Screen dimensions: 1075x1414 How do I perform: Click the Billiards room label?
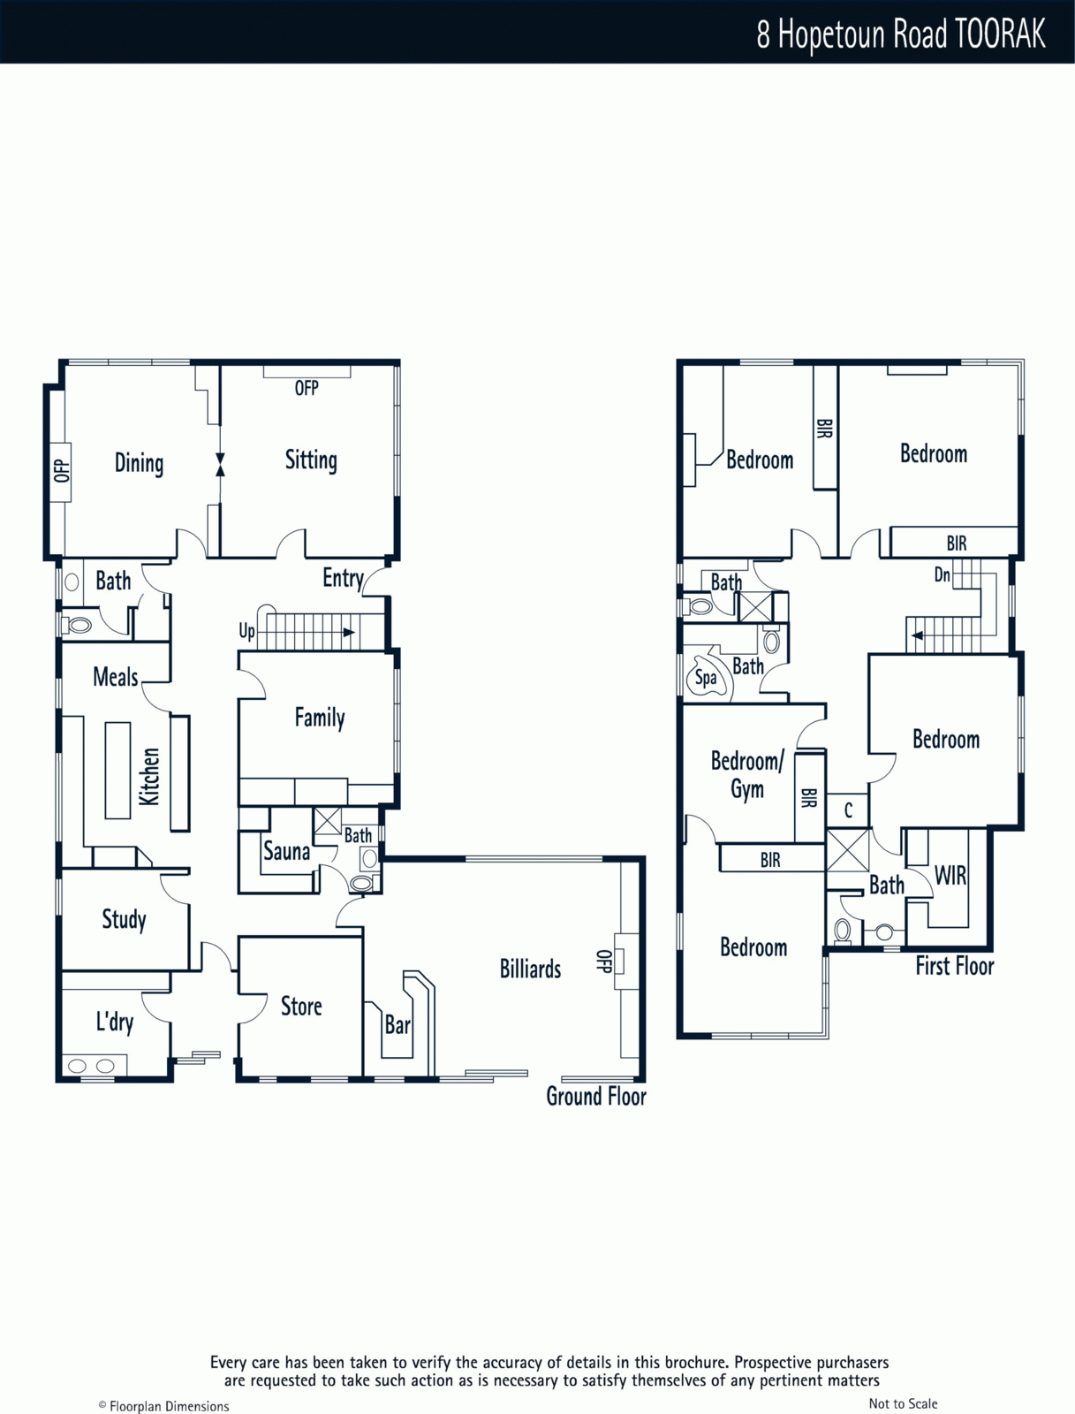click(x=530, y=969)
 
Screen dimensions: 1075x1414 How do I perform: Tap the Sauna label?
click(x=286, y=852)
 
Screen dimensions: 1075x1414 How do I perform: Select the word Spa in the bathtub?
click(x=706, y=679)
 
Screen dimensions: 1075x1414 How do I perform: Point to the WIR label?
click(x=950, y=876)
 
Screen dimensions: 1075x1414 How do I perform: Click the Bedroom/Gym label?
click(x=747, y=775)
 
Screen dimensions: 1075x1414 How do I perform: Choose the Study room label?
click(x=125, y=919)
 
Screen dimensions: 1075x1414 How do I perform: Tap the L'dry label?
click(x=115, y=1022)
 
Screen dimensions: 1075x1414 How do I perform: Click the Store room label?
click(x=301, y=1007)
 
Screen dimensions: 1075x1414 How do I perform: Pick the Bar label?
click(x=397, y=1025)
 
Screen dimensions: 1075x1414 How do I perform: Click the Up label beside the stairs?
click(x=247, y=632)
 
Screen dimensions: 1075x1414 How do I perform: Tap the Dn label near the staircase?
click(x=943, y=575)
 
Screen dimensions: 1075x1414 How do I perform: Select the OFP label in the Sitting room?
click(x=307, y=388)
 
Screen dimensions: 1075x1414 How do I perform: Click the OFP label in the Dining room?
click(x=61, y=471)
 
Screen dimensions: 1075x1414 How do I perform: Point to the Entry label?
click(x=343, y=579)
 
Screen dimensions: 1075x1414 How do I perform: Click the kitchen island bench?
click(x=117, y=771)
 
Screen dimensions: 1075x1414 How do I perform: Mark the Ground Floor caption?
click(x=596, y=1097)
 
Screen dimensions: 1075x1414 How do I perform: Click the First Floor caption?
click(x=955, y=966)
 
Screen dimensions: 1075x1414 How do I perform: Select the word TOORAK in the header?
click(x=1000, y=34)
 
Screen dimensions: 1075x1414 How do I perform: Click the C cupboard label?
click(x=848, y=810)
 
